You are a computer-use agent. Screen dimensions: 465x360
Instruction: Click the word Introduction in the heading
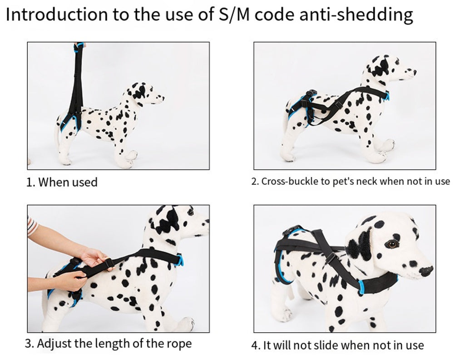tap(57, 14)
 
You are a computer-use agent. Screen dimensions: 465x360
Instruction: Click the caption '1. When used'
tap(62, 182)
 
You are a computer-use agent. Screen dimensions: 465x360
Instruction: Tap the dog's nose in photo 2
tap(414, 72)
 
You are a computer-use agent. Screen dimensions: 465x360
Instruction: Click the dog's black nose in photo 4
tap(426, 270)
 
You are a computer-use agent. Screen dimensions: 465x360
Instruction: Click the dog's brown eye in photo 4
tap(392, 244)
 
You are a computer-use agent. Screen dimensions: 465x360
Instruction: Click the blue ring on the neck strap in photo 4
tap(361, 287)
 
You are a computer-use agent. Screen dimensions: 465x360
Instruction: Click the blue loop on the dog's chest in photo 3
tap(180, 260)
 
